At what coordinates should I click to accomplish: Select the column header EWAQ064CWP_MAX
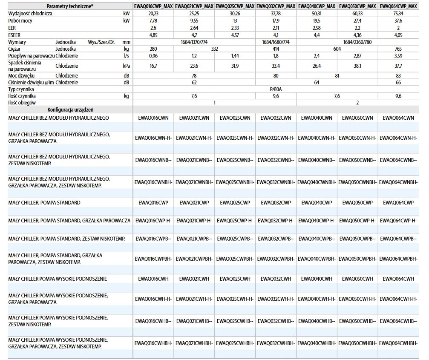click(x=399, y=6)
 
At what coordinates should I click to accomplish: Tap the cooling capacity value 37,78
click(x=276, y=14)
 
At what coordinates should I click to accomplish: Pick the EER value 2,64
click(x=195, y=28)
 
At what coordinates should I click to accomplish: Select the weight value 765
click(x=399, y=49)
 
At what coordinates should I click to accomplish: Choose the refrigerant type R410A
click(x=276, y=89)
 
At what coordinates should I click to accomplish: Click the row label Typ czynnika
click(x=21, y=89)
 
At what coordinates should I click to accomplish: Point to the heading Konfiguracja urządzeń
click(x=70, y=109)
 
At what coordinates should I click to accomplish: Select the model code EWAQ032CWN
click(x=276, y=118)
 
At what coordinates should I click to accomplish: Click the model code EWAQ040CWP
click(x=317, y=202)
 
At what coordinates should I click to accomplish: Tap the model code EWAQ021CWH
click(x=195, y=279)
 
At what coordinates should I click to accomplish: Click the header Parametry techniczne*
click(x=70, y=6)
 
